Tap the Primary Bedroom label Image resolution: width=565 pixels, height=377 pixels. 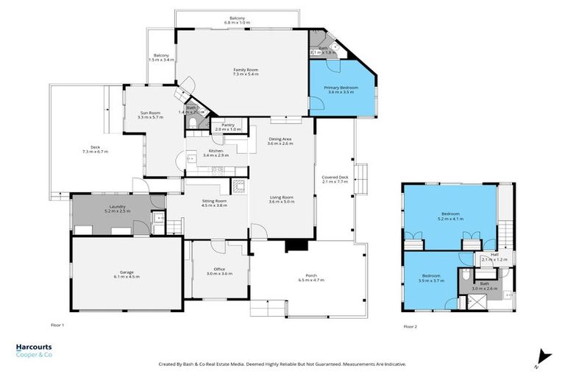point(341,90)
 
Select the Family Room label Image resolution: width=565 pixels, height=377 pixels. point(246,71)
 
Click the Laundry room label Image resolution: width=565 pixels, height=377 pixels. point(118,208)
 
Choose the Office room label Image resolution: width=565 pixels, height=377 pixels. point(219,271)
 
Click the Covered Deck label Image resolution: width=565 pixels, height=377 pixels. point(335,179)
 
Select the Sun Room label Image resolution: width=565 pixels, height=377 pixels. point(150,115)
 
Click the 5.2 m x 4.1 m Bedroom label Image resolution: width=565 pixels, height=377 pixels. point(450,215)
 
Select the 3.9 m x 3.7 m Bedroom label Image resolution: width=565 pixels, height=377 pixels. point(431,278)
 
